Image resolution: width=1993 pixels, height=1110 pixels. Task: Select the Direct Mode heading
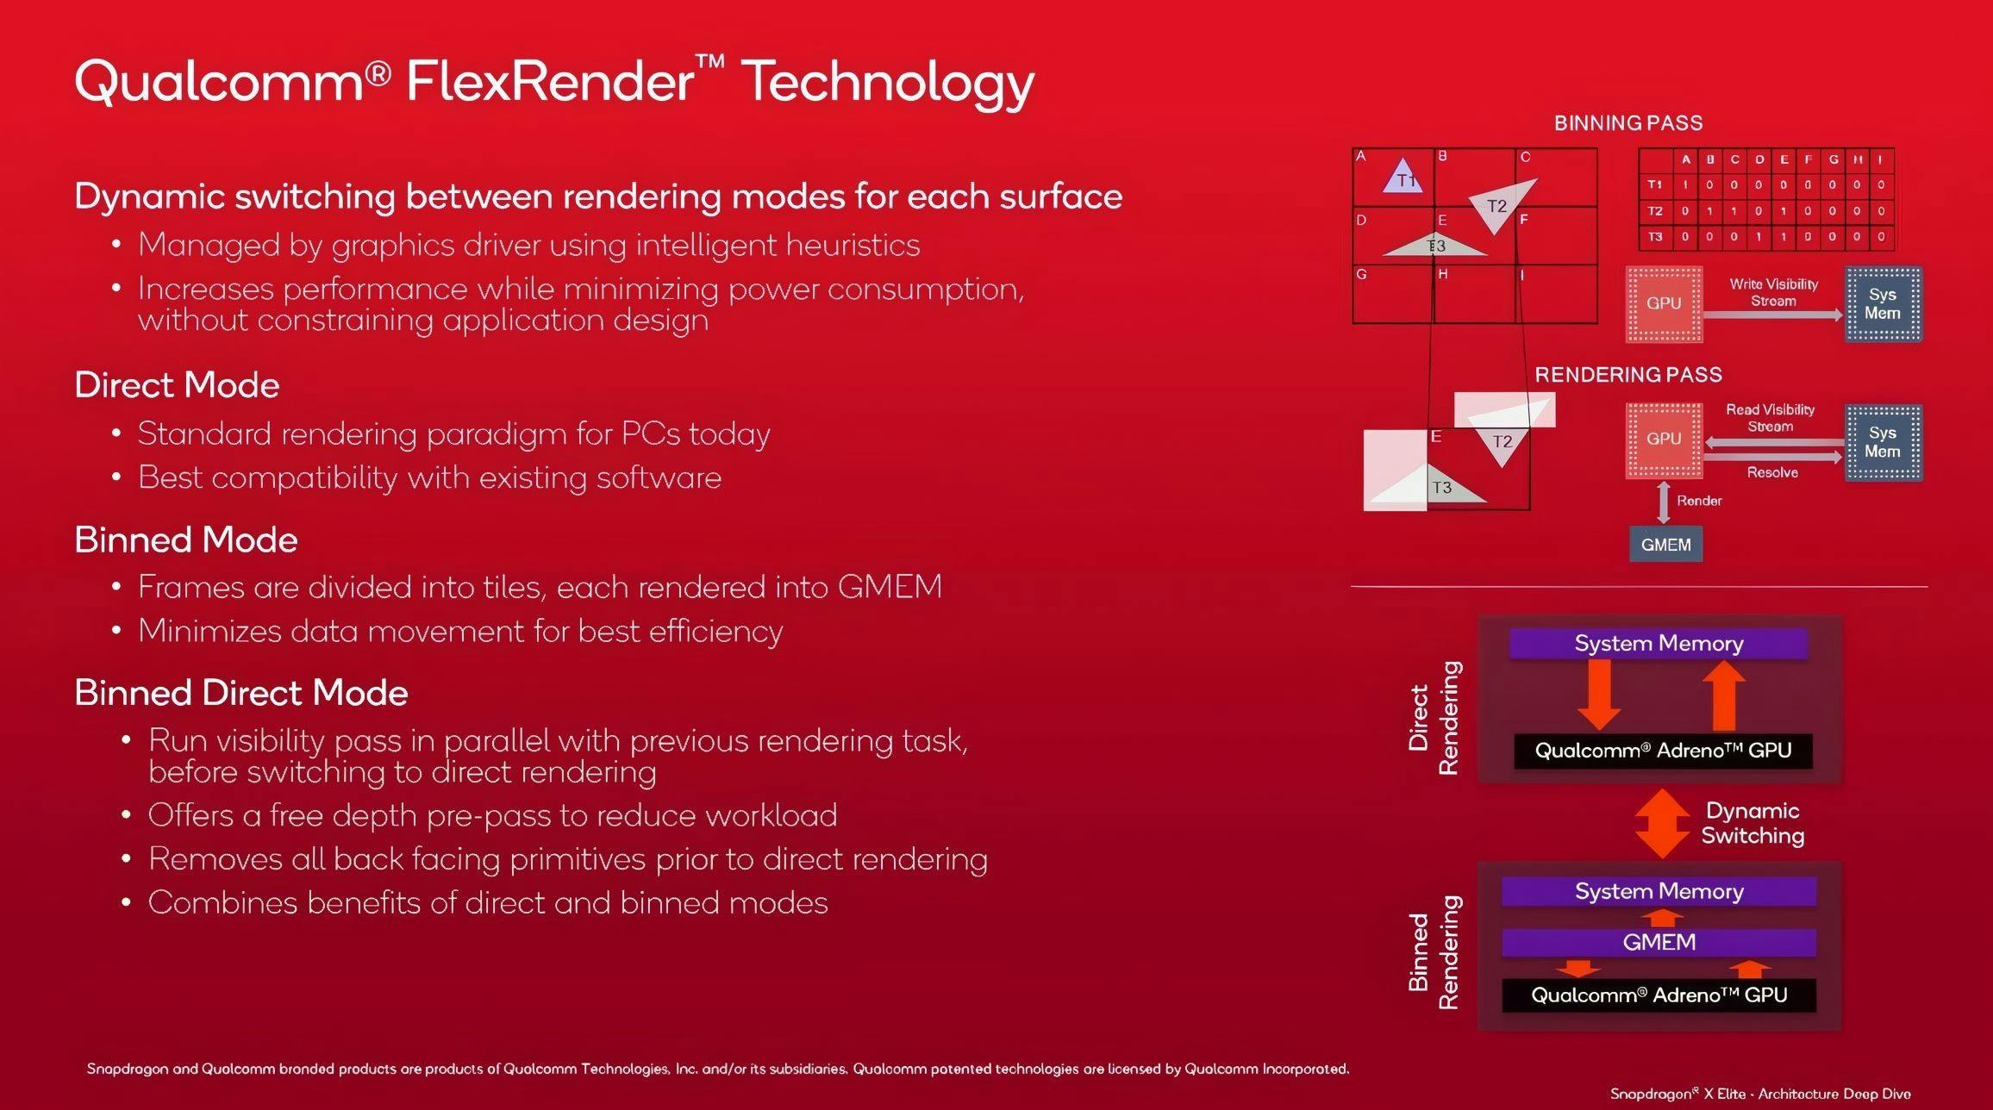177,384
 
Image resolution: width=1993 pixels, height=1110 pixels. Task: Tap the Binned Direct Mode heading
241,693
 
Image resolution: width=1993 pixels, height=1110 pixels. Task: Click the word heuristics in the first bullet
853,246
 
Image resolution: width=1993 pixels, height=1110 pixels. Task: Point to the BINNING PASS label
1628,123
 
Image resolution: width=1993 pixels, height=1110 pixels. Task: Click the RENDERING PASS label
1628,375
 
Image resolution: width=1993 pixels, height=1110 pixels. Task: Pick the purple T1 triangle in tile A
1403,177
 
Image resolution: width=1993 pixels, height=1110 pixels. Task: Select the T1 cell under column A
1685,184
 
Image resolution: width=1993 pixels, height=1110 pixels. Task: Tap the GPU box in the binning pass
1664,303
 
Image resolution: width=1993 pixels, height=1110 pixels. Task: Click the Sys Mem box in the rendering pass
1883,442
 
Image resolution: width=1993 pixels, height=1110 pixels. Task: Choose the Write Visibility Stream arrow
1773,315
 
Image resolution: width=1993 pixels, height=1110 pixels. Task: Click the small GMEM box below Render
1665,545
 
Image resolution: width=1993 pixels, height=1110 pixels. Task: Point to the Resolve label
1772,472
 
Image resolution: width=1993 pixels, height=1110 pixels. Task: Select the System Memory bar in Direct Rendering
1659,644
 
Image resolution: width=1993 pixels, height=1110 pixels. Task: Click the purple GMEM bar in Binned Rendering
1659,942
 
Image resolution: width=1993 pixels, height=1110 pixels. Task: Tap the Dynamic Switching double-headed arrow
1662,823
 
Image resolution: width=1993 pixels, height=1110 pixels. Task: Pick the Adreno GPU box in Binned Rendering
1659,995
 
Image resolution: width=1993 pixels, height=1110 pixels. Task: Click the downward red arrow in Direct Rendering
1599,695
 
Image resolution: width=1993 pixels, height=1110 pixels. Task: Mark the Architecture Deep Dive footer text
1834,1094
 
